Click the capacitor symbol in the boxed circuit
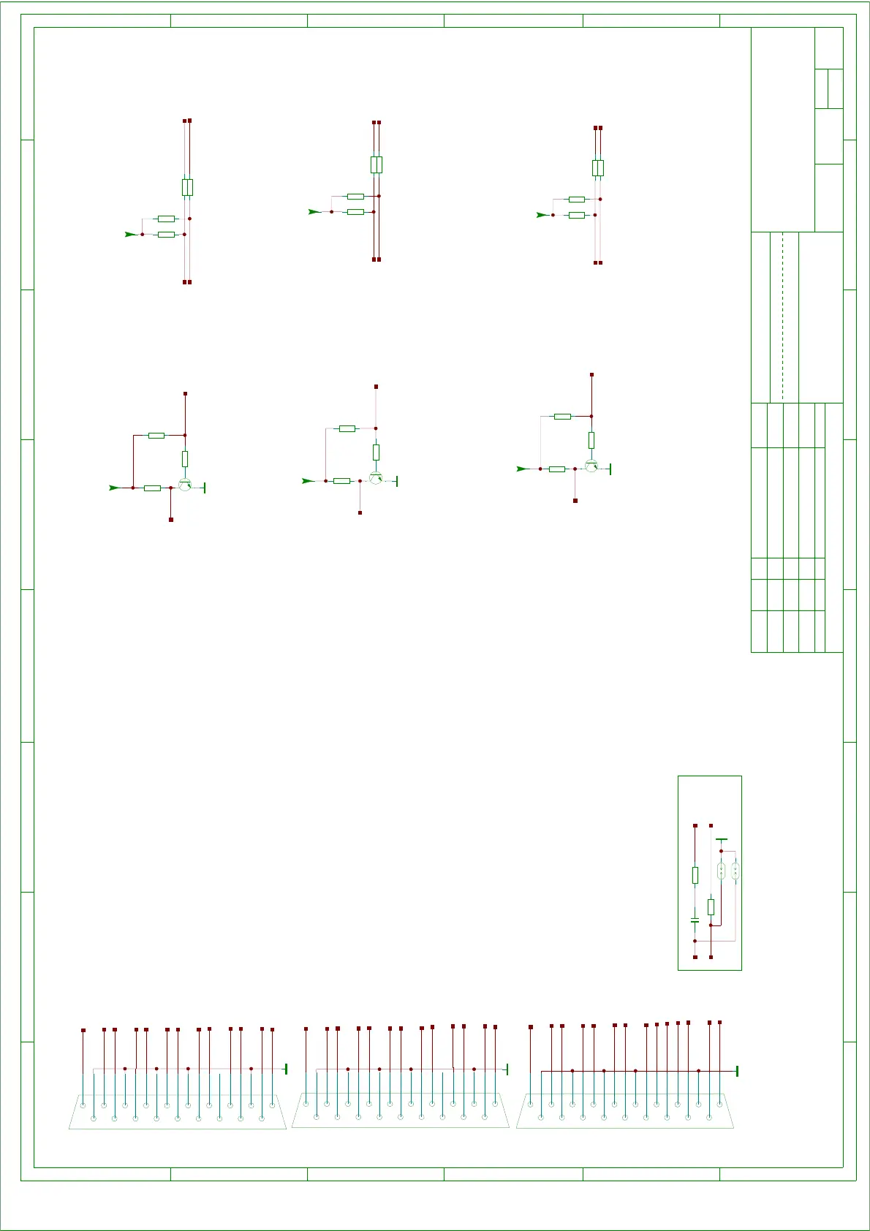(695, 919)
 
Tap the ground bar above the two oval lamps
(722, 840)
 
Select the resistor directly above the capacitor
(695, 875)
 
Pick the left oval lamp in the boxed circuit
(721, 871)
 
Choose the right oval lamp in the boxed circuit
(735, 871)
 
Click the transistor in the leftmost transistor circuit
(185, 484)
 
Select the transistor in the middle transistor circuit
(376, 477)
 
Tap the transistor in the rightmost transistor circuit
(591, 465)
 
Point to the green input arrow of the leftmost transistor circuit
(114, 488)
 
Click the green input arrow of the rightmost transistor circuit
(522, 469)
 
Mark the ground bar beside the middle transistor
(396, 481)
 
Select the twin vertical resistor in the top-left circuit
(187, 187)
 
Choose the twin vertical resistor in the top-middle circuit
(376, 164)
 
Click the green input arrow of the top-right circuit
(542, 215)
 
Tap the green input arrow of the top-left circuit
(130, 234)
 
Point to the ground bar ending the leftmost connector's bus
(285, 1069)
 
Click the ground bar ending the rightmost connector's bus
(737, 1071)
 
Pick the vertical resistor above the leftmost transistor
(185, 459)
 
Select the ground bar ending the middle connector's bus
(507, 1069)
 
